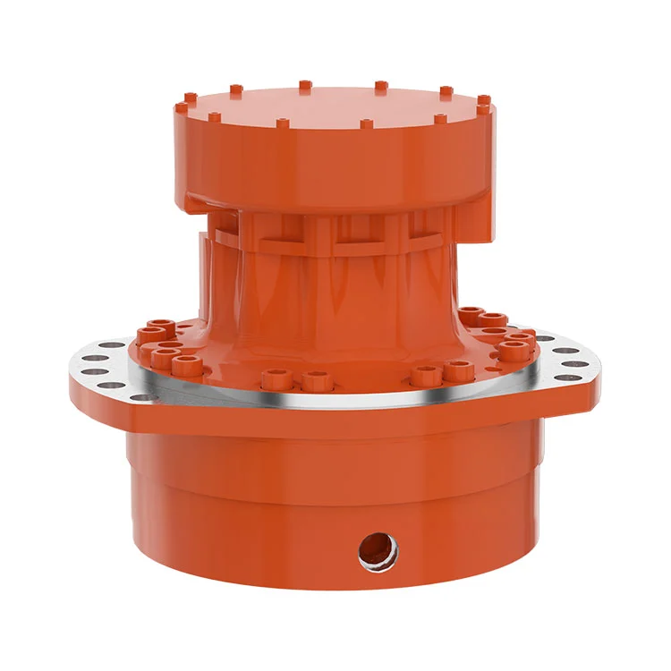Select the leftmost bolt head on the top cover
(182, 107)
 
